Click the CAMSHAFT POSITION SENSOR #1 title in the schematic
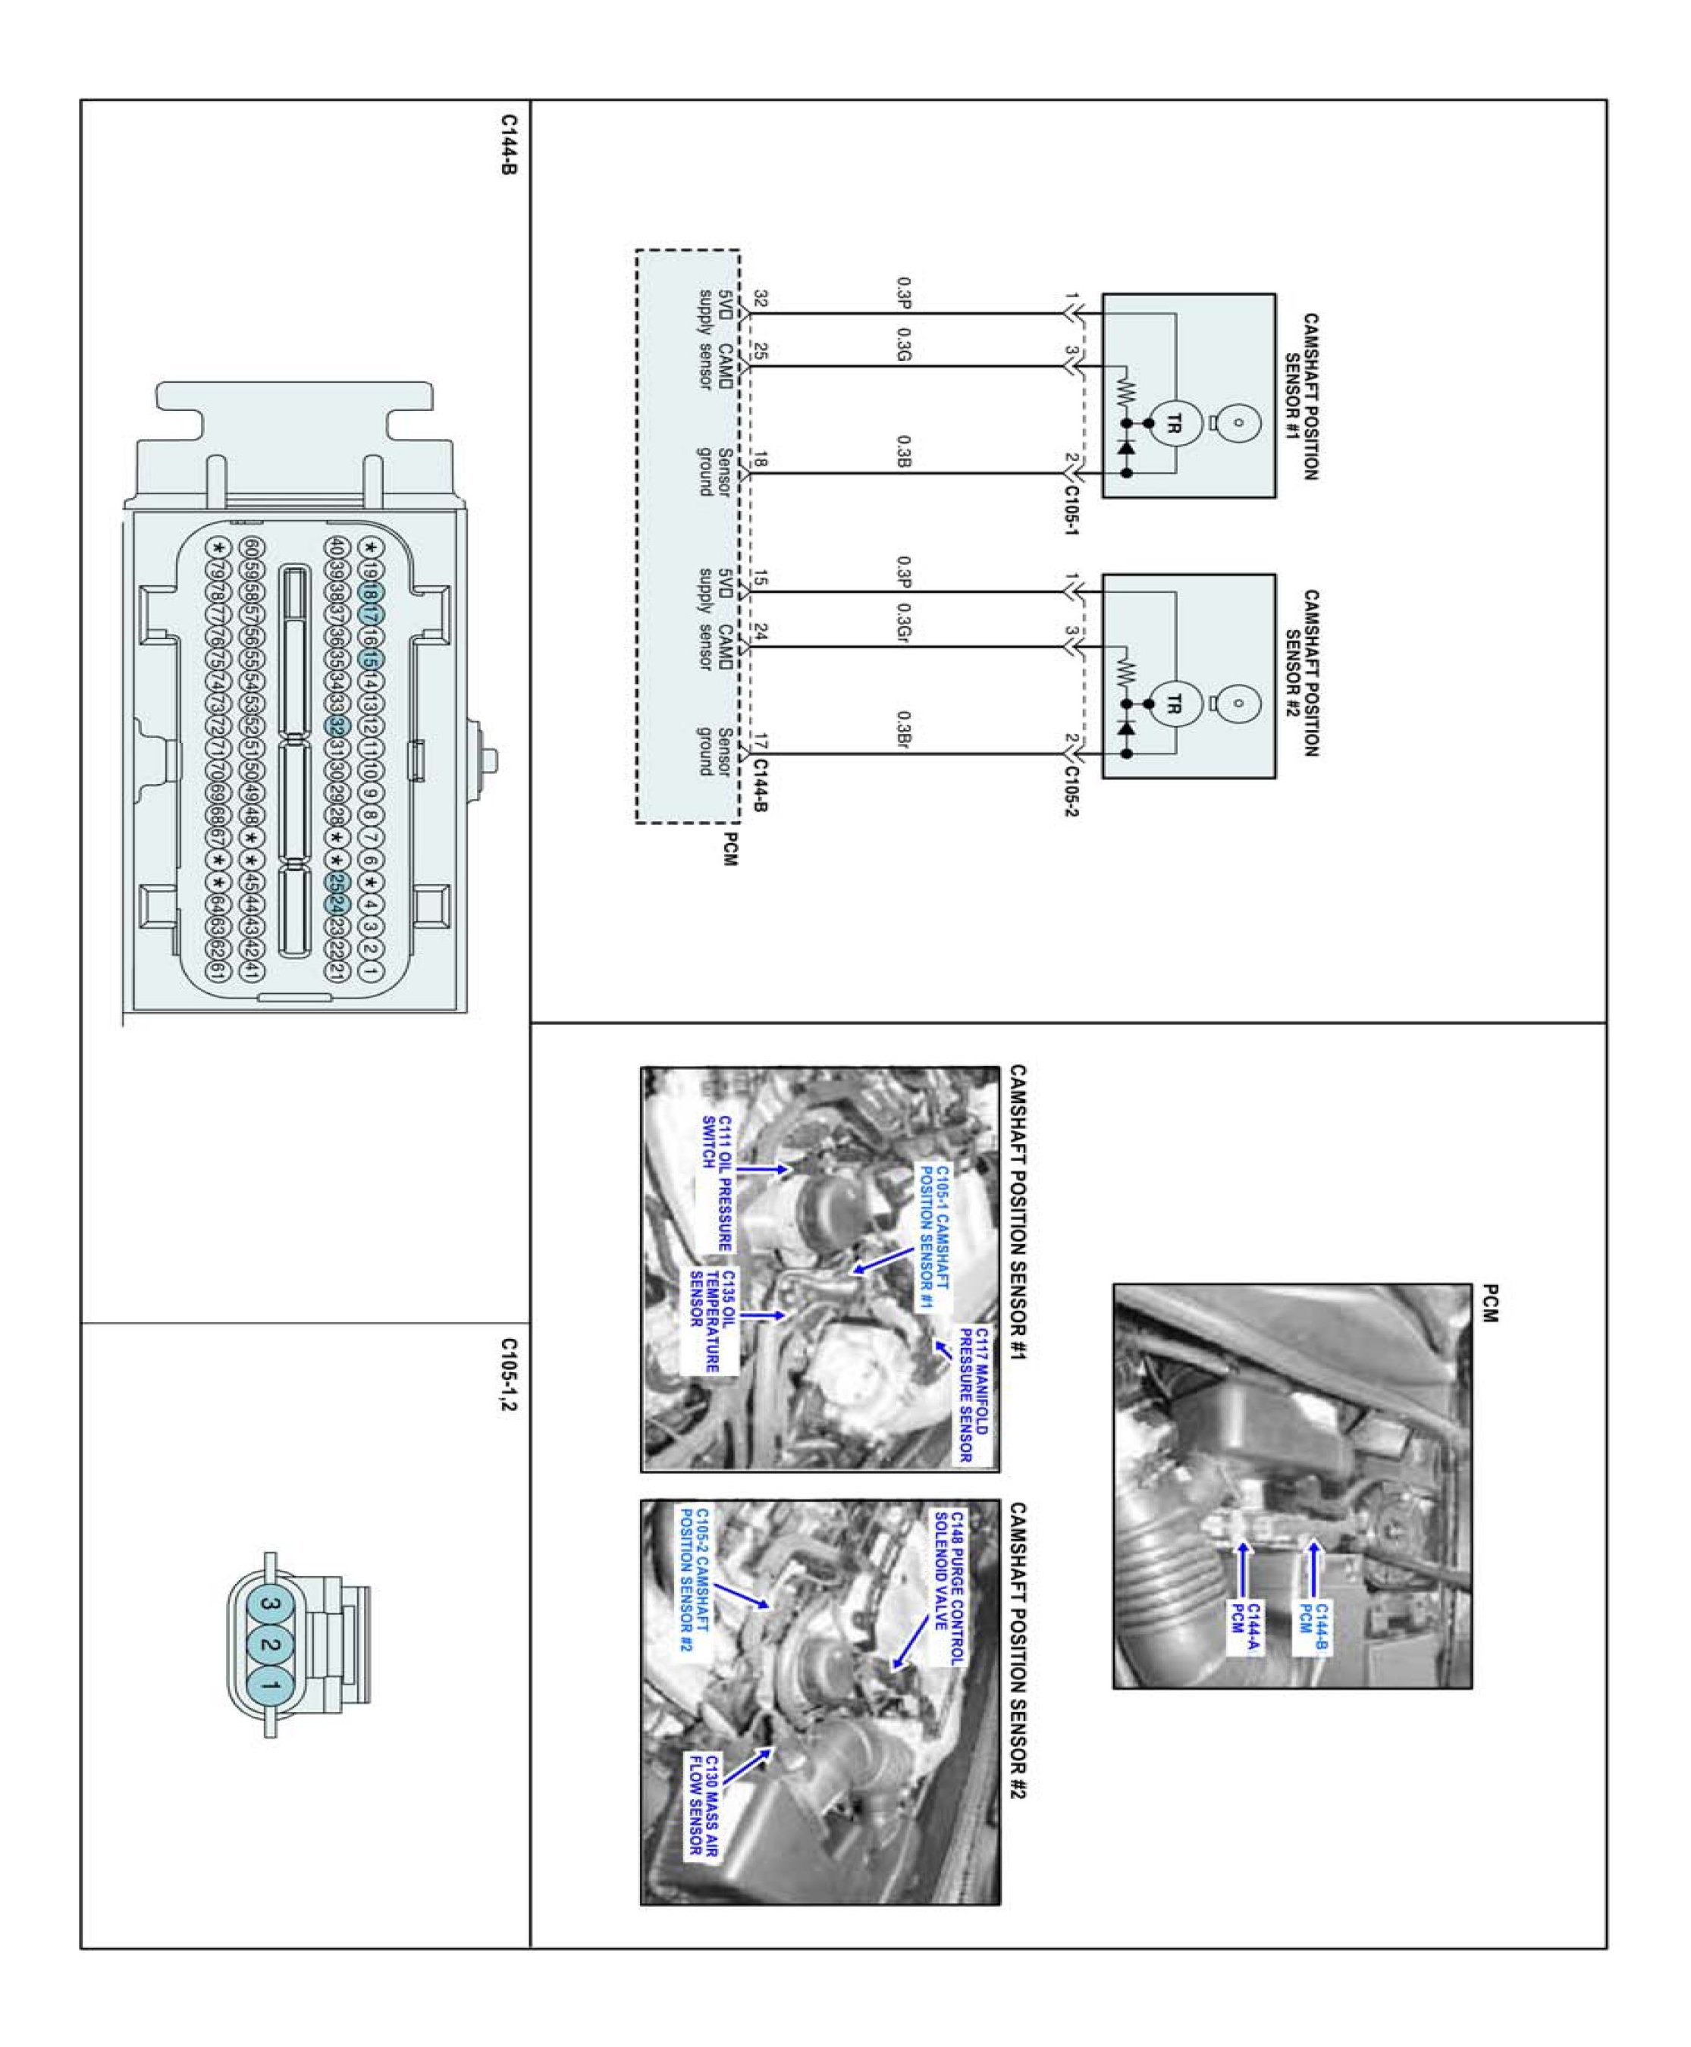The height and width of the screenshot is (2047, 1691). (x=1300, y=396)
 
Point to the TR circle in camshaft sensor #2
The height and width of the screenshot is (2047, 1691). (x=1173, y=704)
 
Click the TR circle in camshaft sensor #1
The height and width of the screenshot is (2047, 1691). (x=1173, y=424)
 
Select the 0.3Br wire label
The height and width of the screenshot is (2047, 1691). (x=903, y=730)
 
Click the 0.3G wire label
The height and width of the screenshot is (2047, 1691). (x=903, y=345)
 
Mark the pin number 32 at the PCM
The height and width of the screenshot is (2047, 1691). (x=761, y=299)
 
